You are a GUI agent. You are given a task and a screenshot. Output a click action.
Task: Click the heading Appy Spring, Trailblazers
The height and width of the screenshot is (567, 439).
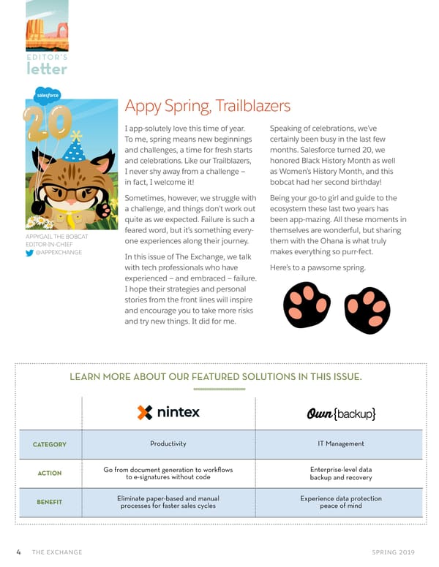point(207,107)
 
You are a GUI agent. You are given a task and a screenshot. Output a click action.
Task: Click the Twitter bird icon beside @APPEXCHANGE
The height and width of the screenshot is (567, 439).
point(30,254)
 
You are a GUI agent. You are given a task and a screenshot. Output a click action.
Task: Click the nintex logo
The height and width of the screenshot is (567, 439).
point(168,412)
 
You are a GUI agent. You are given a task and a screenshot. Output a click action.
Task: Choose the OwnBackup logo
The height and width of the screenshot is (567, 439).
point(341,414)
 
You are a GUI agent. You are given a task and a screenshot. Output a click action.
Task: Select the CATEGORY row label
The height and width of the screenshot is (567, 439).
point(49,444)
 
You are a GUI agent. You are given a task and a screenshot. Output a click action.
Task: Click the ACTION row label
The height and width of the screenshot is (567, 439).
point(49,473)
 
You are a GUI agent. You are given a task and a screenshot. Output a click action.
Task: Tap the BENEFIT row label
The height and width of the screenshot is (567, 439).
point(49,502)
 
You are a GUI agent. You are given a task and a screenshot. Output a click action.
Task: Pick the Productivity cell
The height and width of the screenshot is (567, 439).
point(168,444)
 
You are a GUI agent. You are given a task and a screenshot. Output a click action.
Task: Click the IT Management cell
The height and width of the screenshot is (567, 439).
point(341,444)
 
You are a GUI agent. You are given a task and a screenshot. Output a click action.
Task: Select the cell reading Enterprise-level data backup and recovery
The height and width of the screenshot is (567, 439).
point(341,473)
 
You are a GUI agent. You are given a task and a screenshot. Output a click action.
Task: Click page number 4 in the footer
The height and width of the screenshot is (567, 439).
point(19,552)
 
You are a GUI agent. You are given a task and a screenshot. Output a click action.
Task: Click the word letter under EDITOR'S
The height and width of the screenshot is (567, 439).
point(47,69)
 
